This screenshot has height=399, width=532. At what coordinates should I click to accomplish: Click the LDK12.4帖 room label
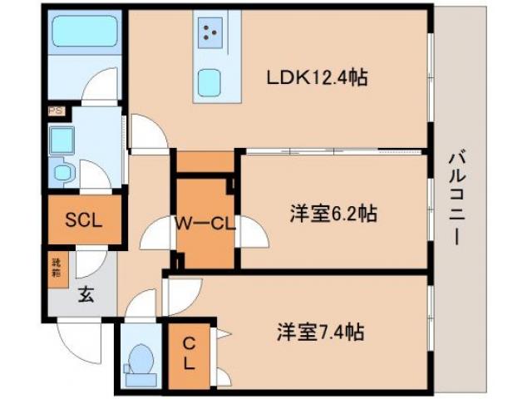(317, 79)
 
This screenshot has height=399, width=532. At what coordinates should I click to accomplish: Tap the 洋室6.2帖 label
(333, 214)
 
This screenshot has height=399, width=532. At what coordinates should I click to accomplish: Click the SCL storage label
(83, 221)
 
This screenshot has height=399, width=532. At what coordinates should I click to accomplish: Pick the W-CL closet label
(205, 223)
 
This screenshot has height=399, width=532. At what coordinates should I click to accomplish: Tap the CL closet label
(189, 353)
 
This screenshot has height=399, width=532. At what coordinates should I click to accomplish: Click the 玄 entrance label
(86, 293)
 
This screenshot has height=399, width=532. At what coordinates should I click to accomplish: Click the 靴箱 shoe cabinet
(57, 267)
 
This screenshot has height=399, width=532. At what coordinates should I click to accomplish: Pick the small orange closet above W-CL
(204, 161)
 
